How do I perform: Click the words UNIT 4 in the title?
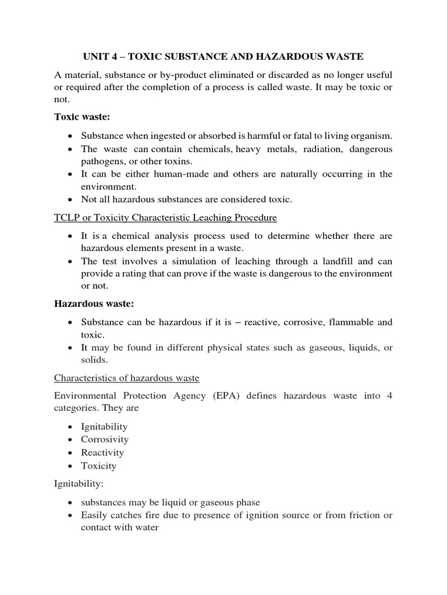coord(100,56)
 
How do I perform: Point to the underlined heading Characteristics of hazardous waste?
coord(127,378)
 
